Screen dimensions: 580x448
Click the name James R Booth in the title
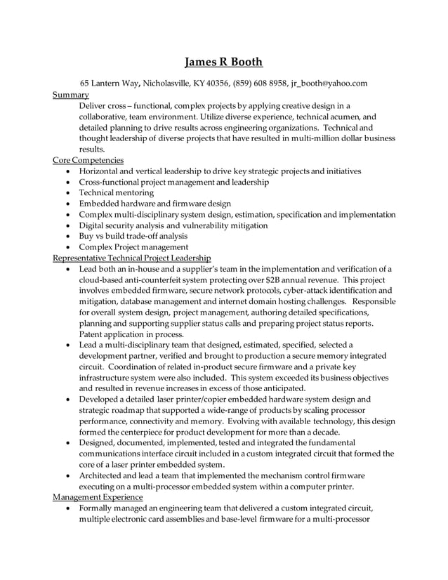[x=224, y=62]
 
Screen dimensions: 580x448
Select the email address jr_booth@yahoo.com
[x=329, y=84]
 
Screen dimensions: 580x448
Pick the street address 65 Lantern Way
[x=109, y=84]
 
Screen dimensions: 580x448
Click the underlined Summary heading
[x=71, y=94]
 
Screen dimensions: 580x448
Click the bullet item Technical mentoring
[x=117, y=192]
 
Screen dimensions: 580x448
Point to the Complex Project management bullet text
[x=133, y=247]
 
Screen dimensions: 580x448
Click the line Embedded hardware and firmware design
[x=154, y=204]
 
